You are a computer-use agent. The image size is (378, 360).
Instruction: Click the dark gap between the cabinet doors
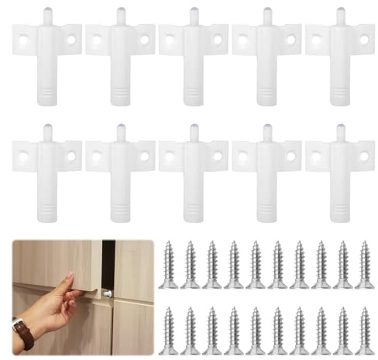coord(108,263)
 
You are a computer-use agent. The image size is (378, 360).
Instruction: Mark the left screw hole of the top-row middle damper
coord(170,39)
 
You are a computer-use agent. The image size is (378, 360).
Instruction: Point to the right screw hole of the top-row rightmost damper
coord(363,39)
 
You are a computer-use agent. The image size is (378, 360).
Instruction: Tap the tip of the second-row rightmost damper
coord(340,129)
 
